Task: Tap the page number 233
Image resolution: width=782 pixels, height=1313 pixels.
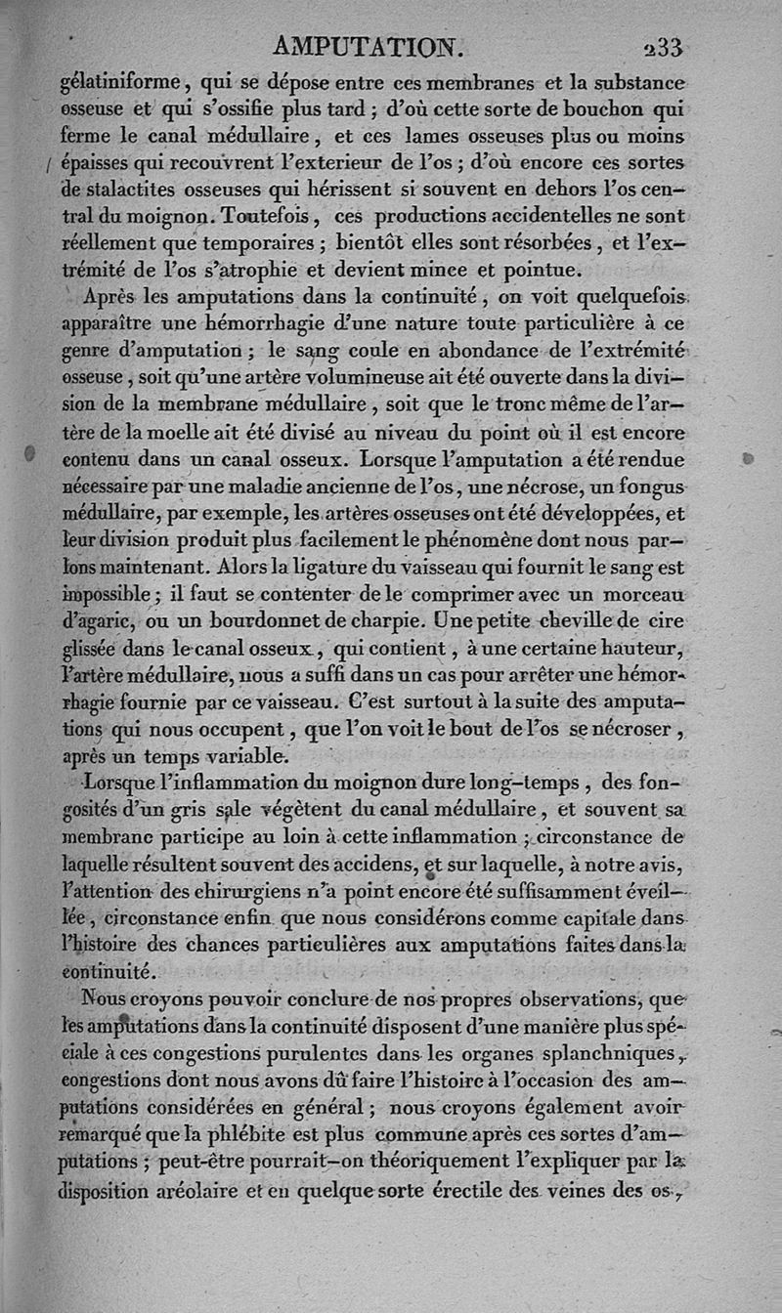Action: click(x=662, y=48)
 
